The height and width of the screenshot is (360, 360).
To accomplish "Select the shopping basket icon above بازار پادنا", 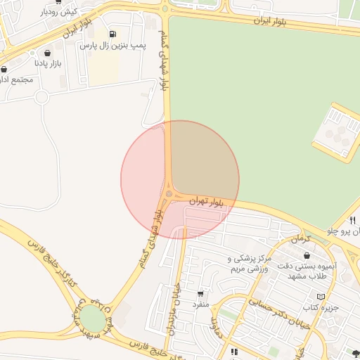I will pyautogui.click(x=47, y=53).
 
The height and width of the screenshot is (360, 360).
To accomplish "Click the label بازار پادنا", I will pyautogui.click(x=49, y=63).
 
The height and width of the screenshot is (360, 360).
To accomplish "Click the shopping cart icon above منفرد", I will pyautogui.click(x=201, y=294).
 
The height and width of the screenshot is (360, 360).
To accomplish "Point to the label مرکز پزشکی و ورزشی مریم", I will pyautogui.click(x=249, y=264).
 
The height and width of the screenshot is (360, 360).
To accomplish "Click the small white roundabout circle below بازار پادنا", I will pyautogui.click(x=41, y=97).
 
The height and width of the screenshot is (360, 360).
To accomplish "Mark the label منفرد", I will pyautogui.click(x=201, y=304).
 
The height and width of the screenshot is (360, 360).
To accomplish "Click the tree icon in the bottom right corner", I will pyautogui.click(x=355, y=354).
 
